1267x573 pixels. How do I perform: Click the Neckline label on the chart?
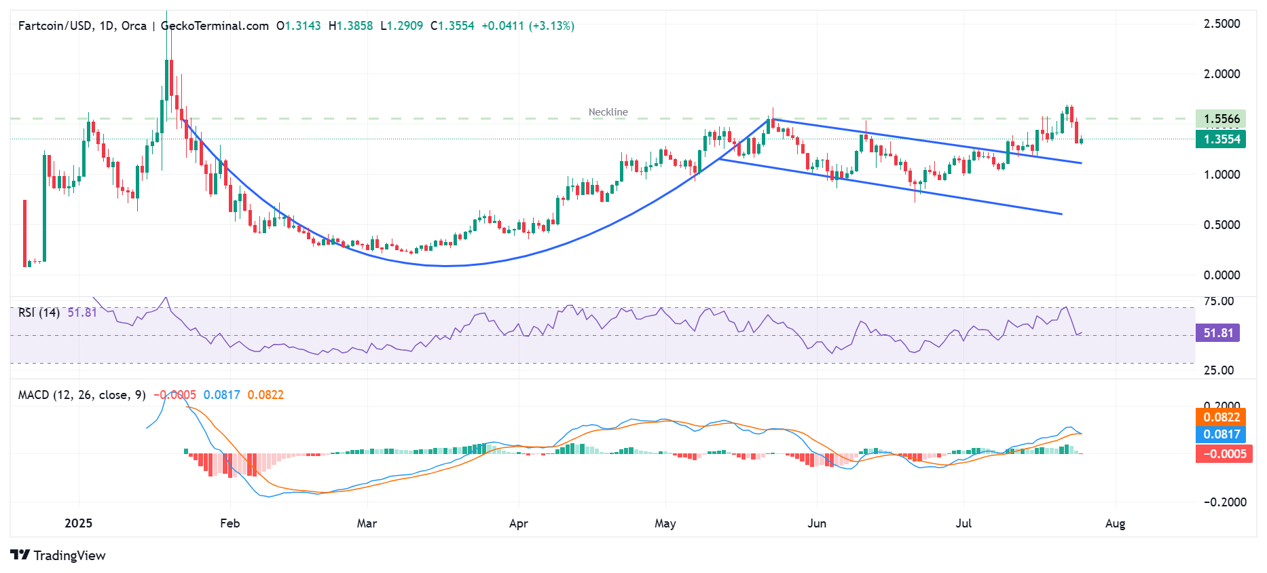pyautogui.click(x=608, y=112)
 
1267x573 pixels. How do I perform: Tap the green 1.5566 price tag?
pyautogui.click(x=1221, y=119)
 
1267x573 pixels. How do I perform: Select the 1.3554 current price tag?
pyautogui.click(x=1221, y=139)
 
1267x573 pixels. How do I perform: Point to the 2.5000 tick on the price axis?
pyautogui.click(x=1222, y=24)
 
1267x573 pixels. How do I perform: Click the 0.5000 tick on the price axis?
pyautogui.click(x=1222, y=225)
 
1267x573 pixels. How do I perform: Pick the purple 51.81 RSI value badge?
pyautogui.click(x=1217, y=333)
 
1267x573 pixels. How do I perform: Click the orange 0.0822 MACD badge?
pyautogui.click(x=1221, y=417)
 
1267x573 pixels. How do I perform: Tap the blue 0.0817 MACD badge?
pyautogui.click(x=1221, y=434)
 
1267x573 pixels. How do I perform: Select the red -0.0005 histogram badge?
pyautogui.click(x=1224, y=454)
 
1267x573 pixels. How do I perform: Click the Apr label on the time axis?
pyautogui.click(x=518, y=523)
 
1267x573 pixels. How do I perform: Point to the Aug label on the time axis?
pyautogui.click(x=1115, y=523)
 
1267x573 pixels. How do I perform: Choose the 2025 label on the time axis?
pyautogui.click(x=78, y=523)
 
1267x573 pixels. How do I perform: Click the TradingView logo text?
pyautogui.click(x=69, y=556)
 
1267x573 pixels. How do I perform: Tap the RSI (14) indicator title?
pyautogui.click(x=39, y=313)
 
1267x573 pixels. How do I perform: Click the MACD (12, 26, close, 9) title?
pyautogui.click(x=81, y=395)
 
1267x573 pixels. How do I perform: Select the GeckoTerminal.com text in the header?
pyautogui.click(x=215, y=26)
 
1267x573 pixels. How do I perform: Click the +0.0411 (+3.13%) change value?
pyautogui.click(x=528, y=26)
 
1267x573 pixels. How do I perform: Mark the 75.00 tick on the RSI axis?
pyautogui.click(x=1219, y=301)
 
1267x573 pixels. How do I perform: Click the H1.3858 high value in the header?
pyautogui.click(x=350, y=26)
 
